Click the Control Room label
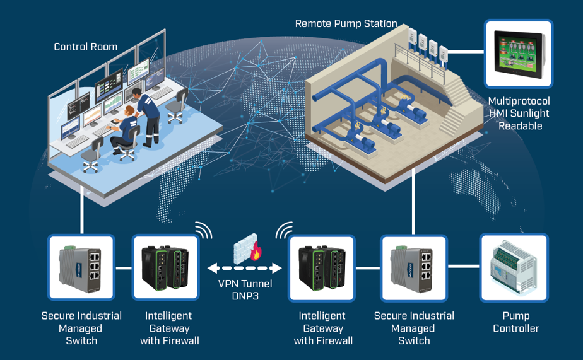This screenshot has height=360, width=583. click(85, 47)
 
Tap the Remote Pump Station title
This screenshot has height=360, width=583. click(346, 24)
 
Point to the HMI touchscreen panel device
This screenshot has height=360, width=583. click(519, 54)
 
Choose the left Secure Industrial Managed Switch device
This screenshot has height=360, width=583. click(81, 267)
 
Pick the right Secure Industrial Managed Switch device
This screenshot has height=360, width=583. click(414, 267)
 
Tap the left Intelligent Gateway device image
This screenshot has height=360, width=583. click(165, 267)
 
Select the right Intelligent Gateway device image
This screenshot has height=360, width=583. click(321, 267)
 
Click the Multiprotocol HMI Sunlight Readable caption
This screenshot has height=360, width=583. click(519, 113)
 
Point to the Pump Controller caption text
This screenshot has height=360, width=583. click(516, 322)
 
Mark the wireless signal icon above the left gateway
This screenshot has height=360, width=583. click(203, 231)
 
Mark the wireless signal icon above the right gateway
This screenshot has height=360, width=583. click(284, 231)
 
